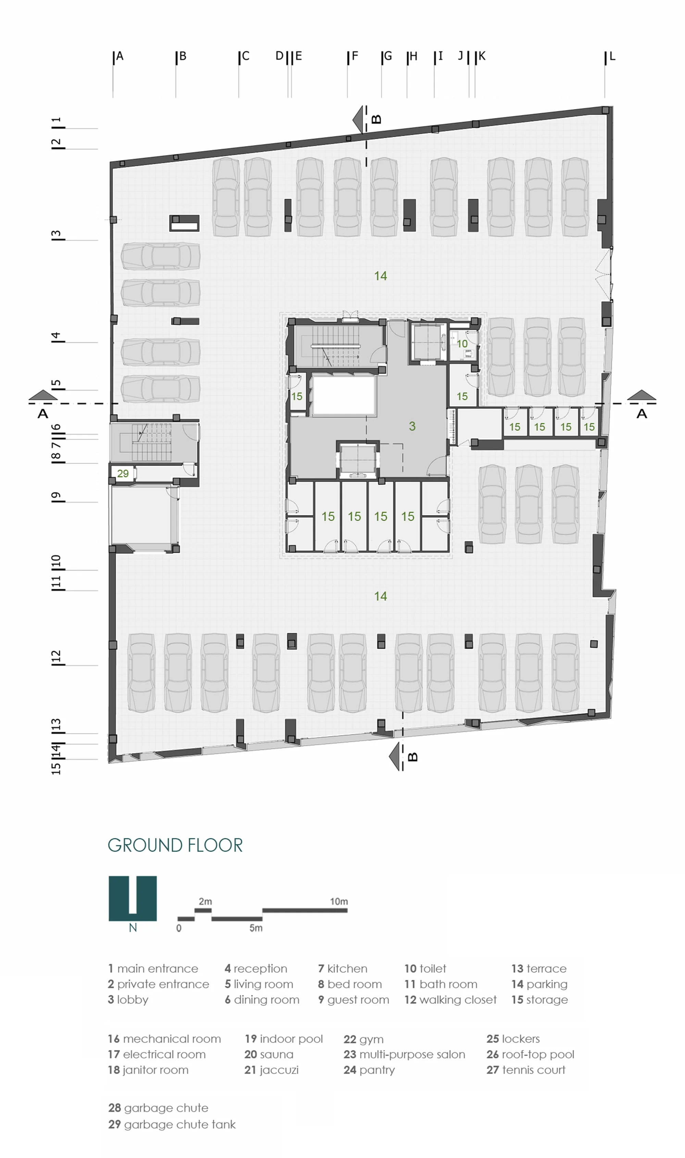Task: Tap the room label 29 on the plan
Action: pos(123,473)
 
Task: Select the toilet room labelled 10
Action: pos(462,344)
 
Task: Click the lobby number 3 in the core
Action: pos(412,426)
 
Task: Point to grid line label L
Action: pos(612,56)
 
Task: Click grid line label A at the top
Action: pos(120,56)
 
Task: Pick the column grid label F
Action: pos(355,56)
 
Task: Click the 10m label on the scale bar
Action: pos(339,901)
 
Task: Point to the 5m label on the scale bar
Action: pos(256,928)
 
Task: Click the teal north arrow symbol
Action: pos(133,898)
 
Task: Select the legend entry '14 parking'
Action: pos(539,984)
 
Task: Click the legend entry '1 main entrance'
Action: pos(153,968)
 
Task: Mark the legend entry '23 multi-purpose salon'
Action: pos(404,1054)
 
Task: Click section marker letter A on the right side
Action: pos(642,414)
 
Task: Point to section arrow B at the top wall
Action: pos(358,119)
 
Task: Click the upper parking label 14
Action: pos(381,276)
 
